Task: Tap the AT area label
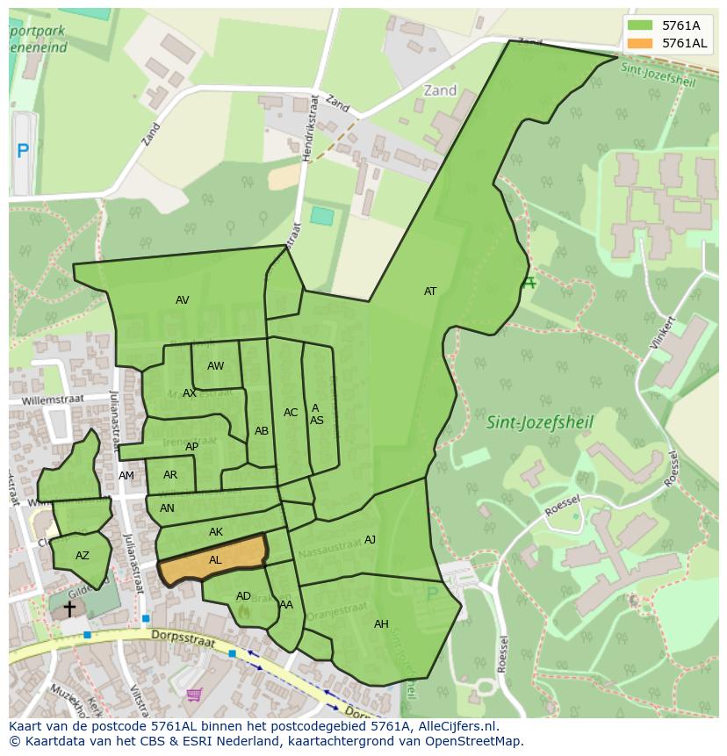pyautogui.click(x=430, y=292)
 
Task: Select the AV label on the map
pyautogui.click(x=182, y=300)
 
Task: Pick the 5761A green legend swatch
pyautogui.click(x=640, y=25)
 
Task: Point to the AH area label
pyautogui.click(x=381, y=624)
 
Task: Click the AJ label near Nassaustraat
pyautogui.click(x=370, y=540)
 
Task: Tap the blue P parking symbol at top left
pyautogui.click(x=23, y=151)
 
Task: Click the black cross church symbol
pyautogui.click(x=68, y=608)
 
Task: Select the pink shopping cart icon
pyautogui.click(x=194, y=695)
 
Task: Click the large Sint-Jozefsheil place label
pyautogui.click(x=540, y=422)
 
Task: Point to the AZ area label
pyautogui.click(x=83, y=556)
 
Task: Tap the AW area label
pyautogui.click(x=215, y=366)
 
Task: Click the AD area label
pyautogui.click(x=243, y=596)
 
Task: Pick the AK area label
pyautogui.click(x=216, y=532)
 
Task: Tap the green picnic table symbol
pyautogui.click(x=528, y=283)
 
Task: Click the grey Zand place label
pyautogui.click(x=440, y=90)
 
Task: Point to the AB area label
pyautogui.click(x=262, y=431)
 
